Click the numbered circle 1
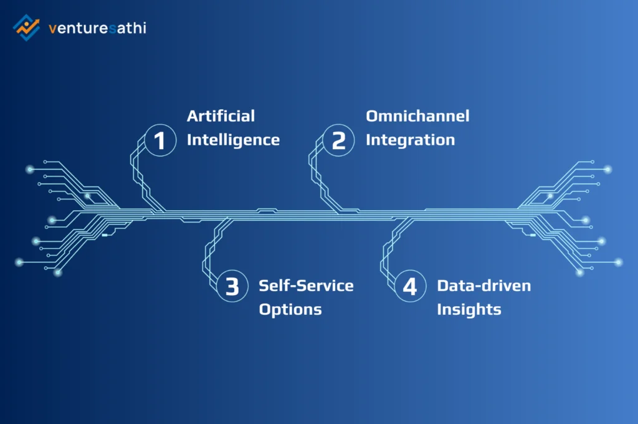click(160, 140)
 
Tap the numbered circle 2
click(338, 140)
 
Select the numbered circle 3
click(232, 287)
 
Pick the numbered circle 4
click(409, 287)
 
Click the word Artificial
click(221, 116)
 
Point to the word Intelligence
click(233, 140)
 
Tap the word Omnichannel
click(417, 116)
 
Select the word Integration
click(410, 140)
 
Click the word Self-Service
click(306, 286)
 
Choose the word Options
click(290, 309)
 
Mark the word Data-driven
click(484, 286)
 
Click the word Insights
click(469, 309)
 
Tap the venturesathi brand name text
click(97, 28)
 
